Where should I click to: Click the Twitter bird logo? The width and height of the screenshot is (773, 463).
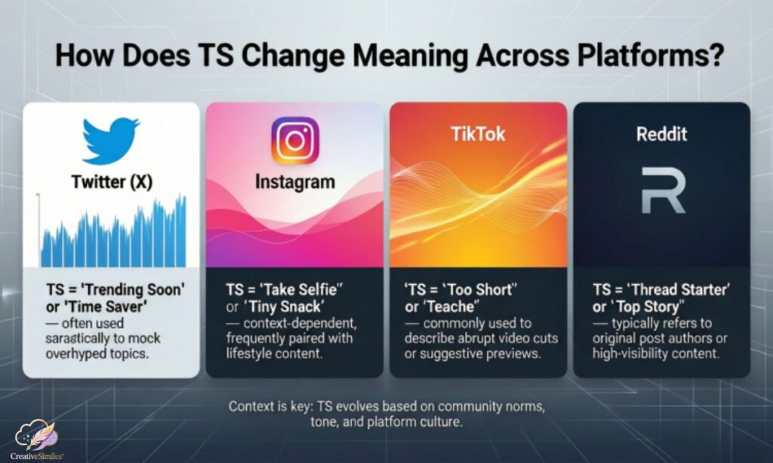pos(111,141)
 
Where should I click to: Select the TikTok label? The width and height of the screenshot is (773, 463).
pos(478,134)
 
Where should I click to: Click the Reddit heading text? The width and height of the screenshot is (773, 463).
pos(662,133)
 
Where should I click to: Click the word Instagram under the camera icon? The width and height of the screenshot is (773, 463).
pos(294,182)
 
